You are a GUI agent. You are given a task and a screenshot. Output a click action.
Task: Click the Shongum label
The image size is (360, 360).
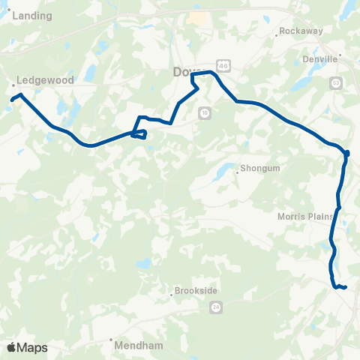point(260,169)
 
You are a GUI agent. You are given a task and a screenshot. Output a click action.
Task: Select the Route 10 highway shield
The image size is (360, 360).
point(204,112)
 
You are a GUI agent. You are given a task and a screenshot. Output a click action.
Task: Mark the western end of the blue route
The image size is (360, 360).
point(11,98)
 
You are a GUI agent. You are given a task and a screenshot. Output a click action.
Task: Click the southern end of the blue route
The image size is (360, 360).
point(345,287)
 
